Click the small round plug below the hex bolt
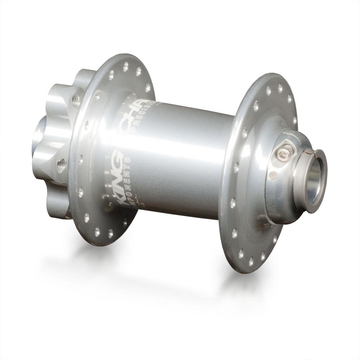[274, 175]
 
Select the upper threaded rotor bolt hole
[76, 101]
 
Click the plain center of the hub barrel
[187, 162]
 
